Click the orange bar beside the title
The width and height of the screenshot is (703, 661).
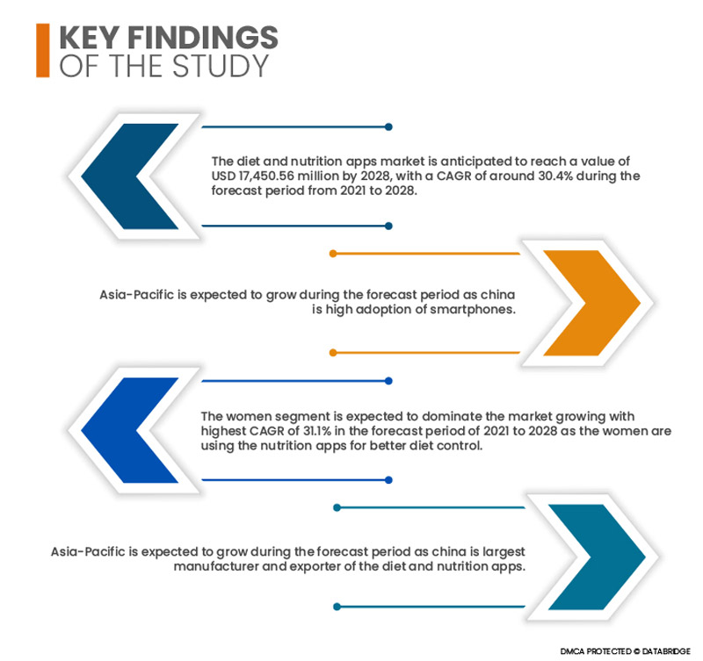coord(42,50)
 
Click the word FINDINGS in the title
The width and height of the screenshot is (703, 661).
coord(203,37)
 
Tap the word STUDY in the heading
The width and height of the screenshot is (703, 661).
coord(221,66)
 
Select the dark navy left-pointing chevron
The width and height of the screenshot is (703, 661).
coord(130,176)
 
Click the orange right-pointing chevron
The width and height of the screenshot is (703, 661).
coord(591,303)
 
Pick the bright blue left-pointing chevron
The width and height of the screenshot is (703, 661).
coord(130,430)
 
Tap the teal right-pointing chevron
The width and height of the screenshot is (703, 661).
coord(597,557)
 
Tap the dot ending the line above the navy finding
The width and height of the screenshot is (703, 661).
coord(388,126)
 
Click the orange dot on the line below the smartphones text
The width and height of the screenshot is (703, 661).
coord(333,353)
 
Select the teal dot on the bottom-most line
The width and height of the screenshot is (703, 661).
coord(337,607)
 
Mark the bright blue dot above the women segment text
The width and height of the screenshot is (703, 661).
coord(388,381)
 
